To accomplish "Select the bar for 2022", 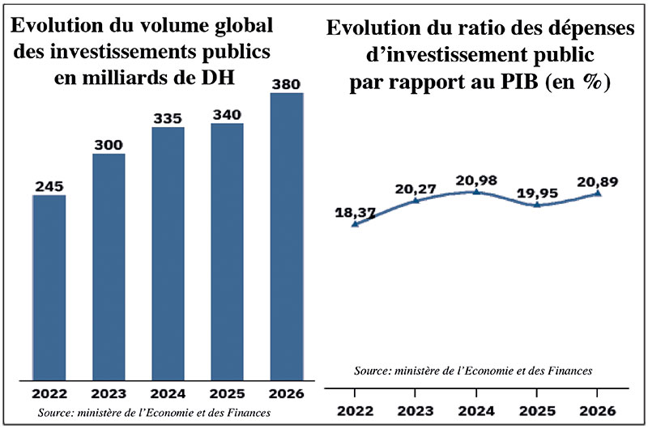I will coord(49,287).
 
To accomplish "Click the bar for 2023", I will coord(109,267).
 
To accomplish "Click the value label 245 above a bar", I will coord(49,186).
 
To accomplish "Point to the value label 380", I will coord(286,84).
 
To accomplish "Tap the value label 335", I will coord(168,118).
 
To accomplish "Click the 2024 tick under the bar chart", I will coord(168,395).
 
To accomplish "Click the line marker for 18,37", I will coord(355,224).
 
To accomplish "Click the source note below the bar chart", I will coord(154,414).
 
